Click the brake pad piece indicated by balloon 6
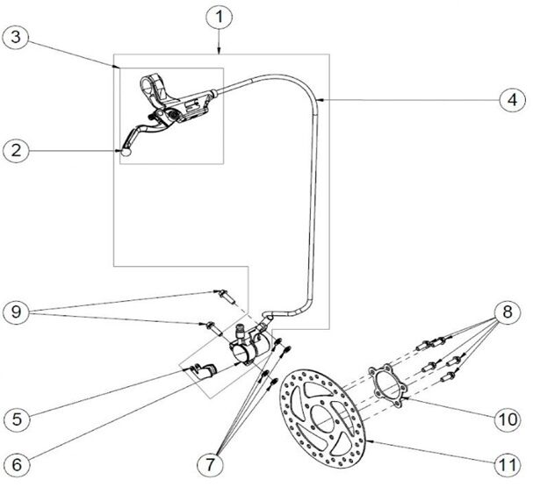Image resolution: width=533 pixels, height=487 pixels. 207,371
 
